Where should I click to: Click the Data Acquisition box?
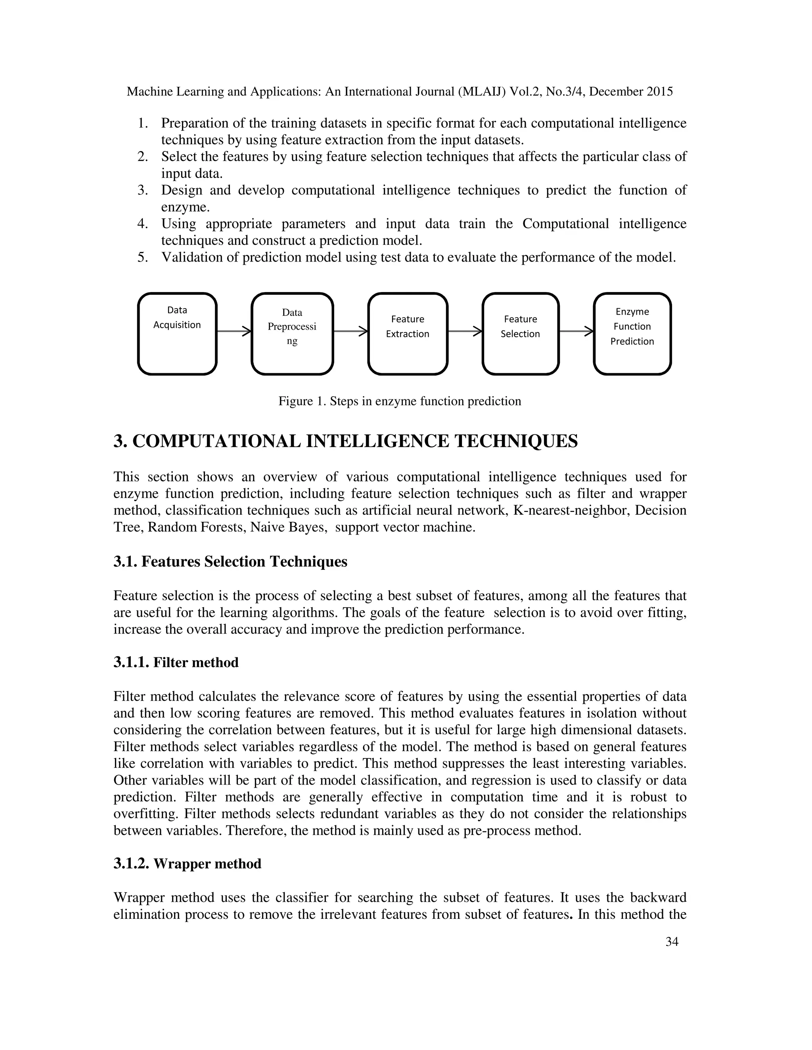pyautogui.click(x=177, y=334)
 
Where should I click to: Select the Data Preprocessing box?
pyautogui.click(x=292, y=334)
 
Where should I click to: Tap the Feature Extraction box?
pyautogui.click(x=408, y=334)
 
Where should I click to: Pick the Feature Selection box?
pyautogui.click(x=520, y=334)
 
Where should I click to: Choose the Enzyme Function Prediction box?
pyautogui.click(x=632, y=334)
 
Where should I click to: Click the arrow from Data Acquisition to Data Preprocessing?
pyautogui.click(x=234, y=331)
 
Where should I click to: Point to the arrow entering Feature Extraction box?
pyautogui.click(x=350, y=331)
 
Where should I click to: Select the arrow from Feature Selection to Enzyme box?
pyautogui.click(x=576, y=331)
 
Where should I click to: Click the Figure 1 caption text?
pyautogui.click(x=399, y=401)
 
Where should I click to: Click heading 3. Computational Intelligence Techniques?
pyautogui.click(x=345, y=441)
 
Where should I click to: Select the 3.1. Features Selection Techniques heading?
pyautogui.click(x=230, y=561)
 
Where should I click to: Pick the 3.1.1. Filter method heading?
pyautogui.click(x=176, y=662)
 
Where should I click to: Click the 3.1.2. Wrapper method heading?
pyautogui.click(x=187, y=864)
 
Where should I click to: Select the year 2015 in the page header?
pyautogui.click(x=659, y=92)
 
